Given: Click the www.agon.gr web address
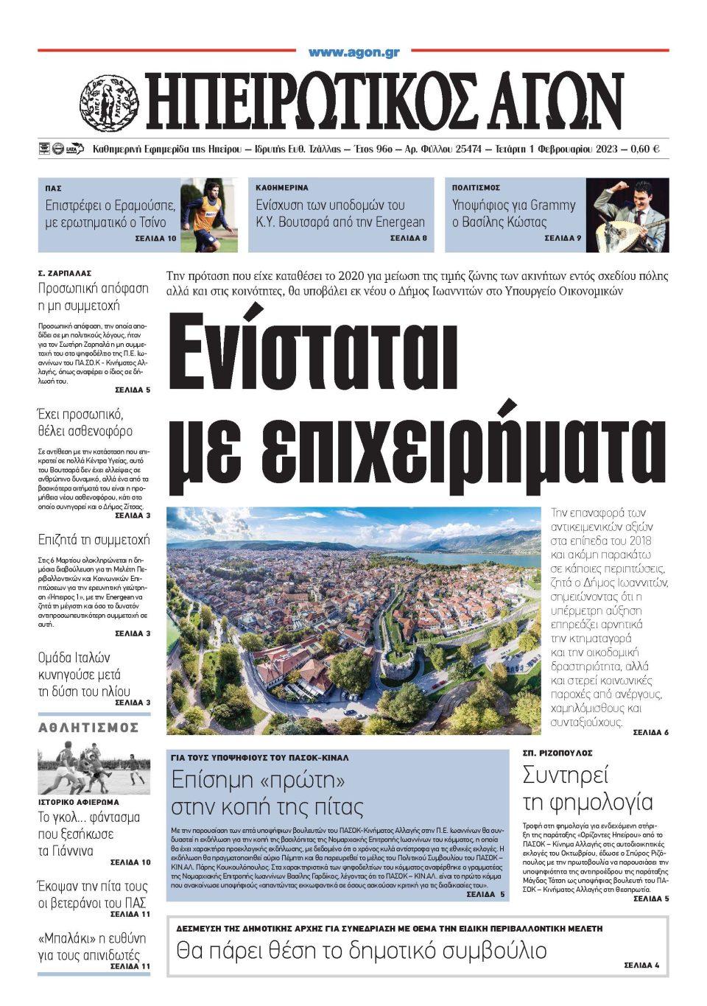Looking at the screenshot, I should click(353, 52).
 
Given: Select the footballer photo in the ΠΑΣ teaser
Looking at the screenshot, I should click(209, 215).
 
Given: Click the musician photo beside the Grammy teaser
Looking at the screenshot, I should click(627, 215).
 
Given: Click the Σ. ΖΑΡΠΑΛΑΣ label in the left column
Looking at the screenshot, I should click(66, 272).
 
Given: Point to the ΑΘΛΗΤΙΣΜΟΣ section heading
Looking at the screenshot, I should click(88, 728).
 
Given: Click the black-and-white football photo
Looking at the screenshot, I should click(94, 767).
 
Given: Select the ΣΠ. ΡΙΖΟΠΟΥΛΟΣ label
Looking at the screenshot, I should click(557, 754).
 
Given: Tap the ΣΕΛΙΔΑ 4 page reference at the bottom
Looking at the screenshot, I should click(641, 965).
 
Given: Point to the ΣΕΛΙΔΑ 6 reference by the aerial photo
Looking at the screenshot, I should click(650, 733).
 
